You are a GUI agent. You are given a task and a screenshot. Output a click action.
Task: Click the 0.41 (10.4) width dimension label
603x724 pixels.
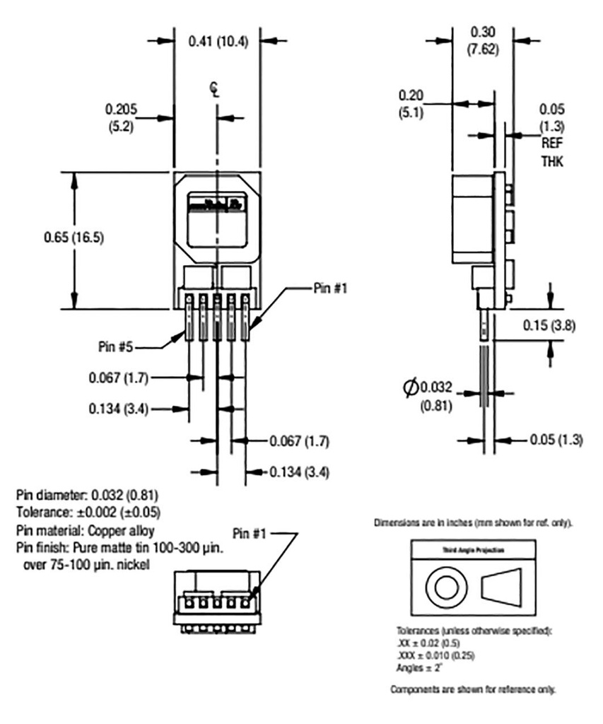tap(219, 41)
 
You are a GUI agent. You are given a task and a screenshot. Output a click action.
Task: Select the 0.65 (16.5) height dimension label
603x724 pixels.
tap(74, 237)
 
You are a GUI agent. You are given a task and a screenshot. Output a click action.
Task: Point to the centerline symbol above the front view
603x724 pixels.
tap(214, 90)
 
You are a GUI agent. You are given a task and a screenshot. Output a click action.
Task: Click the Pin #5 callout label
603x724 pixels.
tap(117, 347)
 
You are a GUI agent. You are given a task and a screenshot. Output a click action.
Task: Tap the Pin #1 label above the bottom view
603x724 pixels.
tap(250, 533)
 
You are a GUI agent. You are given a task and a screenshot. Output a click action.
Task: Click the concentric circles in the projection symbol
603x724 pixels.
tap(447, 586)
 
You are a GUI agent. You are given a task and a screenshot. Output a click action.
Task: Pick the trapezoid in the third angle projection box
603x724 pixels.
tap(501, 587)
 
